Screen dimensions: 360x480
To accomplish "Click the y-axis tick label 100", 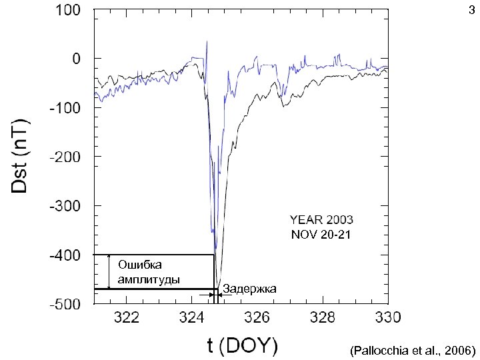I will pyautogui.click(x=68, y=11).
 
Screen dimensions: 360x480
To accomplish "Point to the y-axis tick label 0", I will pyautogui.click(x=77, y=59).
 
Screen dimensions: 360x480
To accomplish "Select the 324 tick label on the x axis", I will pyautogui.click(x=192, y=316).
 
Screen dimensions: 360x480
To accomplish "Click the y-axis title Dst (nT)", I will pyautogui.click(x=21, y=157).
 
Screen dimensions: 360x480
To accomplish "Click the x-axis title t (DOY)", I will pyautogui.click(x=243, y=345).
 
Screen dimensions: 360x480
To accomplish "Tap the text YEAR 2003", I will pyautogui.click(x=321, y=219).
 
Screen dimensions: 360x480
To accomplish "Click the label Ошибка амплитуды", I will pyautogui.click(x=148, y=272).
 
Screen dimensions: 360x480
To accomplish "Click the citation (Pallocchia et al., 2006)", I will pyautogui.click(x=412, y=349).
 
